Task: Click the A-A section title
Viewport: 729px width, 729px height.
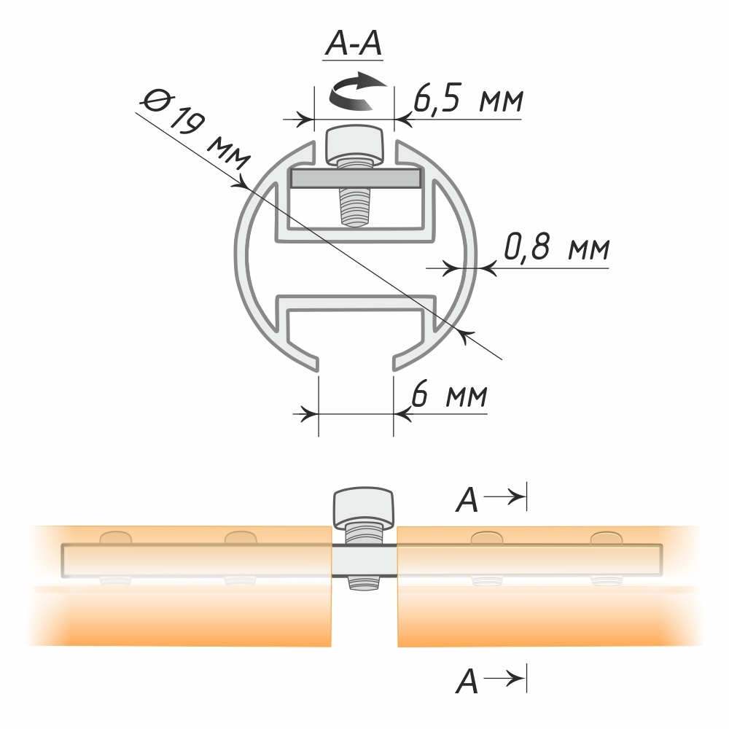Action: (354, 44)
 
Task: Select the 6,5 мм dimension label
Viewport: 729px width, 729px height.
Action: (468, 98)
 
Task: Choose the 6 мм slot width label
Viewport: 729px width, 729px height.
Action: (450, 395)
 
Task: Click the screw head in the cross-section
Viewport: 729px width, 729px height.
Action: (355, 144)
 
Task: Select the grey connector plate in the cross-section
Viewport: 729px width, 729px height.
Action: (356, 178)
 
